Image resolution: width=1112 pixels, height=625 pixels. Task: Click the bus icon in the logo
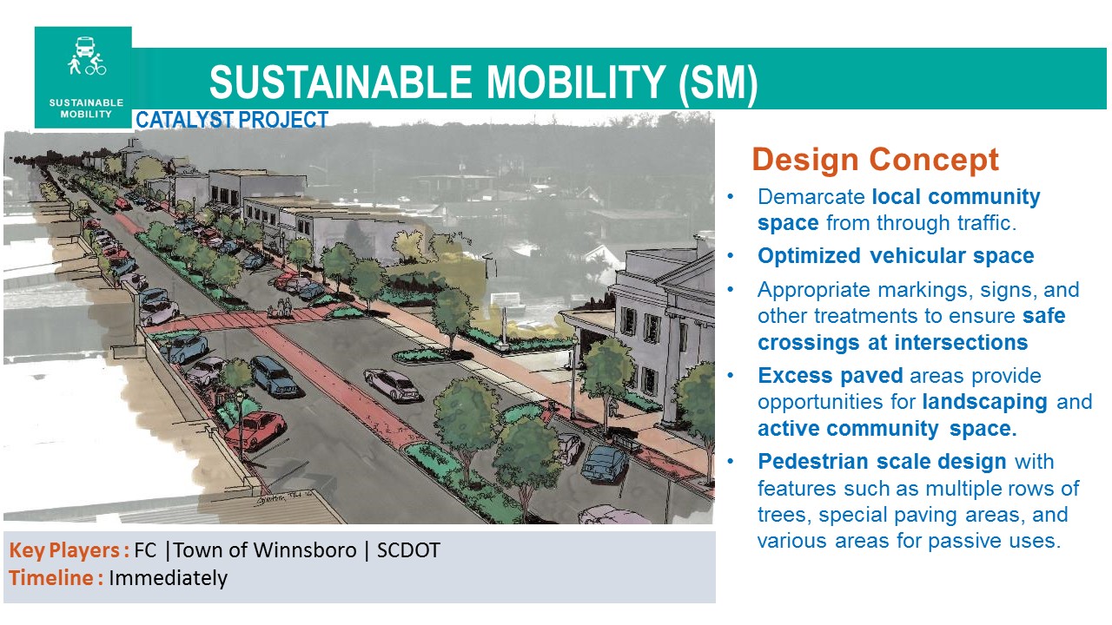point(85,46)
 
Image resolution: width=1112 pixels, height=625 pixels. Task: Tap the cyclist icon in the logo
point(96,65)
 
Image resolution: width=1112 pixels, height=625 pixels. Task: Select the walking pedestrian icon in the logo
point(75,65)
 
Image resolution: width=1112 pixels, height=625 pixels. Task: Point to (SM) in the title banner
point(718,83)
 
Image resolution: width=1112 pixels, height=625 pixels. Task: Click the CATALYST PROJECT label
point(232,120)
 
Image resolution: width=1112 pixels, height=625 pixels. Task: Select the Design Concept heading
point(875,160)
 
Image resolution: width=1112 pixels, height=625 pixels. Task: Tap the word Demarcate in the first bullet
point(811,197)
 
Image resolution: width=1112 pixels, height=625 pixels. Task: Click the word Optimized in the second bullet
point(809,256)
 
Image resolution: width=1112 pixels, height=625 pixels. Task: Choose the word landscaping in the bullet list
point(985,402)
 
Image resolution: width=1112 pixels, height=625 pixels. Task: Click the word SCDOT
point(408,550)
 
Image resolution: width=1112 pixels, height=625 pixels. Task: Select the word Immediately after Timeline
point(168,578)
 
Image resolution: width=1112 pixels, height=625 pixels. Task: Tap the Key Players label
point(69,550)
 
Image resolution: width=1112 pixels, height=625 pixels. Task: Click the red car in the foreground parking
point(255,430)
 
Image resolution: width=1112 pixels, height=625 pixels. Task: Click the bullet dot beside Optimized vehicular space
point(731,256)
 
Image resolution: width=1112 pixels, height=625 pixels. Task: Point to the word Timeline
point(51,578)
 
